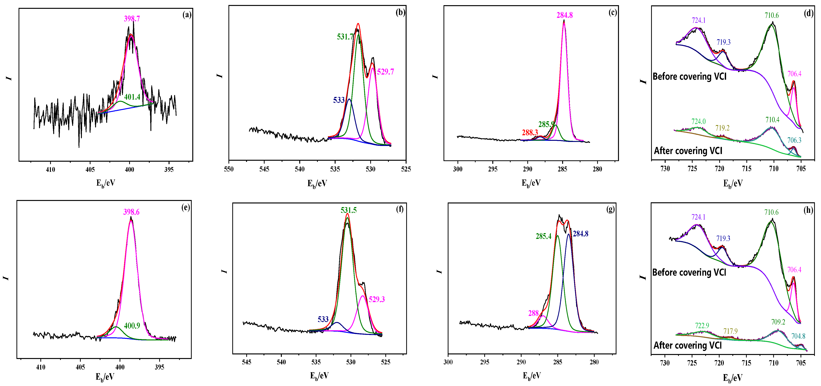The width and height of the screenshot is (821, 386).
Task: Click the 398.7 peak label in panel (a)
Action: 132,19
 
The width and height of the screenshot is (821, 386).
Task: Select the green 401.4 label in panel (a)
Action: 132,97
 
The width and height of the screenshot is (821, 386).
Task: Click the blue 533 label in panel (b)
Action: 339,100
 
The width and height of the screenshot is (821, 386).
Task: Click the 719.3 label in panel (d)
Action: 723,42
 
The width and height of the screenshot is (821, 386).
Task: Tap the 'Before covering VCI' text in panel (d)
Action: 689,77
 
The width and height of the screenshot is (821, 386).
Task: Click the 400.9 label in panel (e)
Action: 132,326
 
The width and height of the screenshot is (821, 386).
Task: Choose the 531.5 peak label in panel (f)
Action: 349,210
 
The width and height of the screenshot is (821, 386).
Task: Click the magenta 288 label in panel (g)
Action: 533,313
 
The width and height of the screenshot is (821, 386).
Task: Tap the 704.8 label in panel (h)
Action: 798,336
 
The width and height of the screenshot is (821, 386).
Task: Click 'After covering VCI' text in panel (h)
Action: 687,346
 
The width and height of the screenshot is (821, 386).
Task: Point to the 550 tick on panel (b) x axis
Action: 229,169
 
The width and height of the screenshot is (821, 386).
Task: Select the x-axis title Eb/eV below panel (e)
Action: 105,377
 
